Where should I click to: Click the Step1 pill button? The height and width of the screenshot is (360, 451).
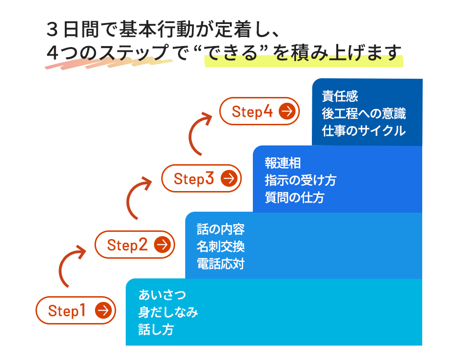click(76, 310)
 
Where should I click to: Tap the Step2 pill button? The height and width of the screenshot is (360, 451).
click(135, 244)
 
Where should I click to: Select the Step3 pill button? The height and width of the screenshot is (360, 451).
click(202, 178)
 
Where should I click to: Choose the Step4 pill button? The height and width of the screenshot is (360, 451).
click(260, 111)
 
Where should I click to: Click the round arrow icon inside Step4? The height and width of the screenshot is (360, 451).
click(287, 111)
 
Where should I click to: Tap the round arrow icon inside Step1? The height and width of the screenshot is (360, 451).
click(103, 310)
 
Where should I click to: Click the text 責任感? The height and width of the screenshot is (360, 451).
click(340, 96)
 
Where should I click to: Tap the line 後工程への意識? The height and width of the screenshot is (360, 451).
click(364, 113)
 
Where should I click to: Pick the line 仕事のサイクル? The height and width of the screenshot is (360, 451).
click(364, 131)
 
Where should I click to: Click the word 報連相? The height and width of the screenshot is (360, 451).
click(283, 163)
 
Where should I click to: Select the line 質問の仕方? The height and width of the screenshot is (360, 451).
click(295, 198)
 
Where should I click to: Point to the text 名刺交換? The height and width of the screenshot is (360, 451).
click(221, 247)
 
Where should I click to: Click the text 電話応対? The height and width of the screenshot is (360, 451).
click(221, 264)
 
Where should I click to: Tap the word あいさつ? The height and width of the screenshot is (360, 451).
click(162, 295)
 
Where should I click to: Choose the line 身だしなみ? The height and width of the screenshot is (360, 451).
click(168, 312)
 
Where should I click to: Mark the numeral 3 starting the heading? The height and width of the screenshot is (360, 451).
click(52, 30)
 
